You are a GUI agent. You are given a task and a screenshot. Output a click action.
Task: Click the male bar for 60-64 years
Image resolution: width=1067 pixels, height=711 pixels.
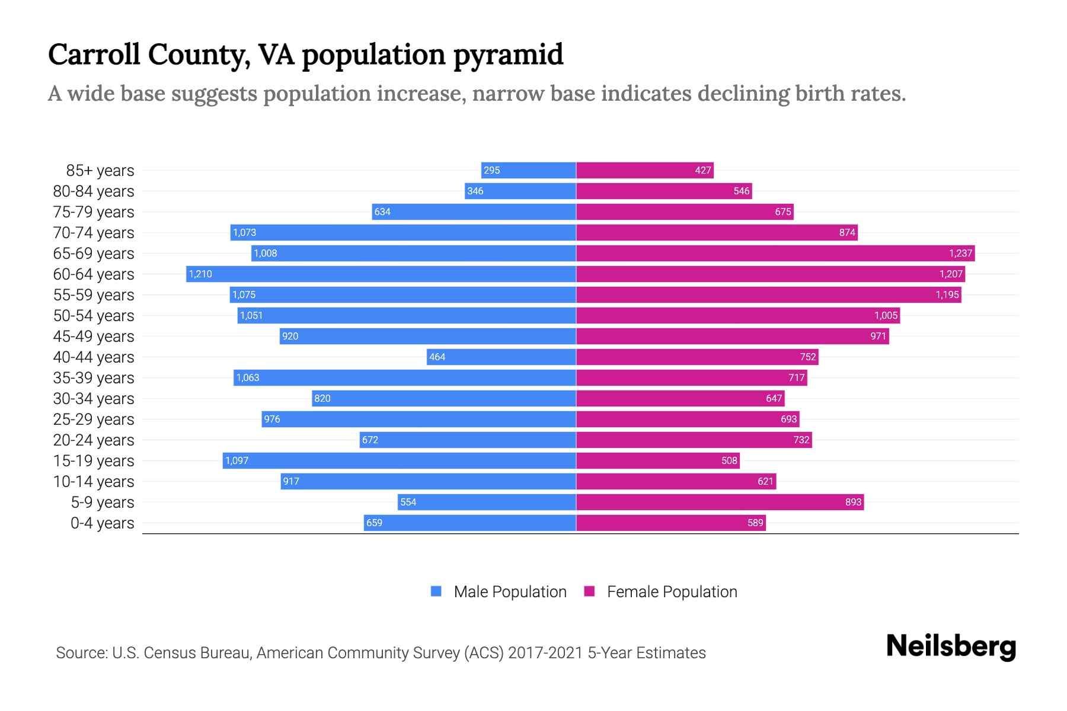point(381,274)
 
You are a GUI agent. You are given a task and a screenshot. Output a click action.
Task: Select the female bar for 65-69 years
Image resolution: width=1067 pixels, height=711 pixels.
point(775,254)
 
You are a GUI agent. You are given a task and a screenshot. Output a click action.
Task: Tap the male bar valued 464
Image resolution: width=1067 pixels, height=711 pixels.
point(501,357)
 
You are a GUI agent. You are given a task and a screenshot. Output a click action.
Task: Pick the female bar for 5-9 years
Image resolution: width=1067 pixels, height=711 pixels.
point(720,502)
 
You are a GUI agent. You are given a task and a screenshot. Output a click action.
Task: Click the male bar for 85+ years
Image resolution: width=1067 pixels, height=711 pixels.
point(529,171)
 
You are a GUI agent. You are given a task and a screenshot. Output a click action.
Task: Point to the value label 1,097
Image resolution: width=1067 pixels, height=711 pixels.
point(237,461)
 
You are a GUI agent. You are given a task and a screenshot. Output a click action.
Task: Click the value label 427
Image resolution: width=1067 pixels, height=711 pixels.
point(702,171)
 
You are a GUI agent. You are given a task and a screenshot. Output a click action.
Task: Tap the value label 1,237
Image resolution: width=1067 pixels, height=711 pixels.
point(960,254)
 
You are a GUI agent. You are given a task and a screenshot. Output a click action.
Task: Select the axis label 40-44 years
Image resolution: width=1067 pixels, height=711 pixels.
point(94,357)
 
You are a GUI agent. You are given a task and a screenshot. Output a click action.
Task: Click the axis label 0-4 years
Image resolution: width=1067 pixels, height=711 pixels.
point(102,523)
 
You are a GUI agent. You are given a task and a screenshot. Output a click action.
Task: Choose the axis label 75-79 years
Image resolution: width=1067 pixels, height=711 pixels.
point(94,212)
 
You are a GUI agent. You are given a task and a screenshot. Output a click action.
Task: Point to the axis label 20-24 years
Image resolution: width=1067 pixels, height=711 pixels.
point(94,440)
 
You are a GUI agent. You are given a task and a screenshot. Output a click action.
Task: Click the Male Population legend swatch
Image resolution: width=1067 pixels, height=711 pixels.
point(436,591)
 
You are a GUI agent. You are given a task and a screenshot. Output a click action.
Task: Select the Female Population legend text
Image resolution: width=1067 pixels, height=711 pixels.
point(672,592)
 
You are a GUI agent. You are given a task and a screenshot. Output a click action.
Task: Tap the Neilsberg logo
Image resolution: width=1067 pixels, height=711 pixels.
point(951,646)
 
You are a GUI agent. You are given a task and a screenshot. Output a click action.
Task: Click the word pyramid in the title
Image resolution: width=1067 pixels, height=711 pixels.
point(508,55)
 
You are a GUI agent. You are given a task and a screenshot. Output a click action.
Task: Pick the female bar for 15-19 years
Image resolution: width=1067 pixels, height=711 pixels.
point(658,461)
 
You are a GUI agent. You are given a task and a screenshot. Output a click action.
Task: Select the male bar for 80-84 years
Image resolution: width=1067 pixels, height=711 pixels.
point(520,191)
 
